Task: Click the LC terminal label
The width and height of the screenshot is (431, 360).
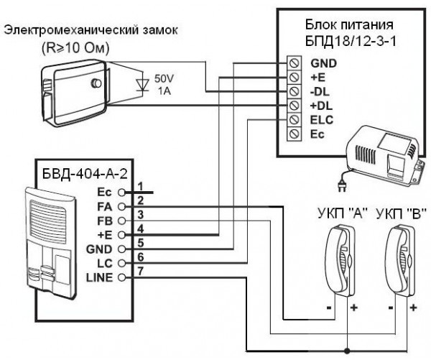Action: (x=106, y=263)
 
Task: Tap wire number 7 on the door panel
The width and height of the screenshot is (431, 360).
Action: (x=142, y=270)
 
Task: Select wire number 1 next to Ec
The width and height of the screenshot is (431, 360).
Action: (x=142, y=186)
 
